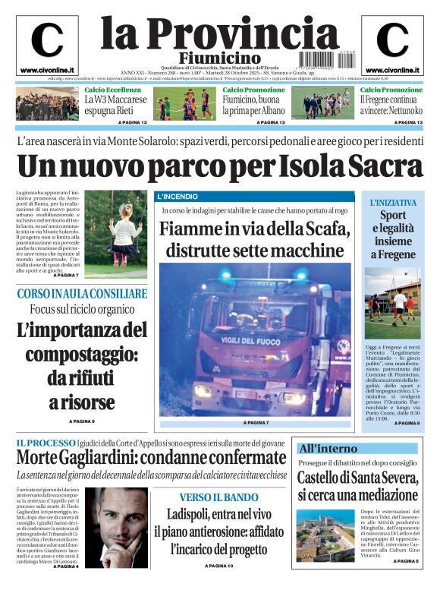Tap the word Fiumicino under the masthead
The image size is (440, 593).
click(x=220, y=58)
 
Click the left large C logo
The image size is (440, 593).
click(x=46, y=40)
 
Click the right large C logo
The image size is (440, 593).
click(x=392, y=40)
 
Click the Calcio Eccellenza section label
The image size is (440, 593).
click(x=112, y=90)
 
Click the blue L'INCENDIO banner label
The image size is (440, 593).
click(x=177, y=197)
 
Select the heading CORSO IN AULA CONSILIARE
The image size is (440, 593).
click(x=81, y=293)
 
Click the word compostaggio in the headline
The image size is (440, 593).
click(x=82, y=355)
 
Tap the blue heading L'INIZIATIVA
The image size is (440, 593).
click(x=393, y=203)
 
